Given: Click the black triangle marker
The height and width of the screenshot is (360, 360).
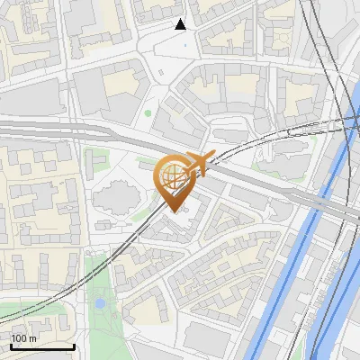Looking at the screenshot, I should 181,23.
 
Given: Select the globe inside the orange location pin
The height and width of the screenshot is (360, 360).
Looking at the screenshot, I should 173,175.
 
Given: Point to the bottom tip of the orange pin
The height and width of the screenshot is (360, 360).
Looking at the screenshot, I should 173,211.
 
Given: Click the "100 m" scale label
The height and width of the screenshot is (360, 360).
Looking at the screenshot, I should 24,338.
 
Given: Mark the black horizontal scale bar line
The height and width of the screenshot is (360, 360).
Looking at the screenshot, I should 42,347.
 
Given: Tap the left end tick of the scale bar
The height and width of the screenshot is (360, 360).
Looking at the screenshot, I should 11,346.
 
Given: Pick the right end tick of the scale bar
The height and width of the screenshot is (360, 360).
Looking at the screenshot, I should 74,346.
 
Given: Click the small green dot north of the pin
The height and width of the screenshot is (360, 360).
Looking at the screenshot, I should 148,113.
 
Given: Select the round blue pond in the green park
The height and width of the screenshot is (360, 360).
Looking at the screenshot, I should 100,304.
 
